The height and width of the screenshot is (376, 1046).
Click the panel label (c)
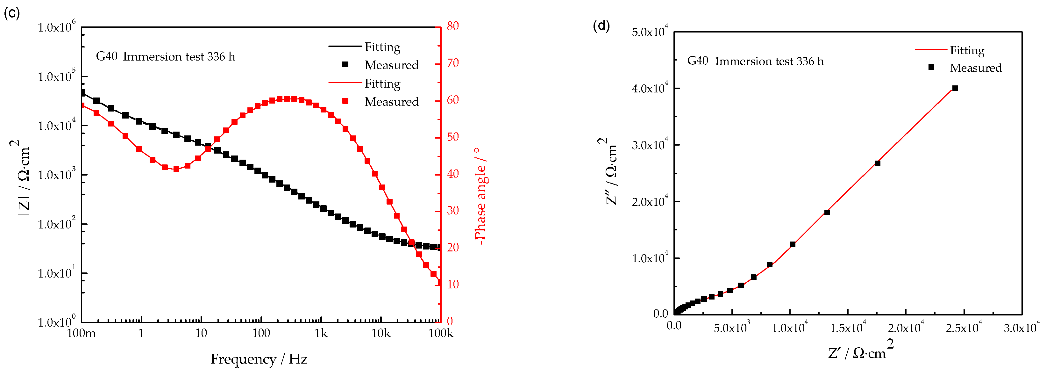(x=11, y=13)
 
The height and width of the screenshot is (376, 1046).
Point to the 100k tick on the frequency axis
(x=441, y=333)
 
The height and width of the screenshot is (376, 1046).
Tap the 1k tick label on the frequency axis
(x=321, y=333)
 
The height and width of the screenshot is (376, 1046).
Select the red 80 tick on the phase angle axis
(x=453, y=26)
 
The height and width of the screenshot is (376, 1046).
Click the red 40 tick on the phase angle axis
(x=453, y=174)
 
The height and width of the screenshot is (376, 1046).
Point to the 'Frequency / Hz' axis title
(x=259, y=359)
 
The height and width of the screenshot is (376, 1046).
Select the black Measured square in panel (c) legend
(x=345, y=65)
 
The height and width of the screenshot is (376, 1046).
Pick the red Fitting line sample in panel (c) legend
(x=345, y=83)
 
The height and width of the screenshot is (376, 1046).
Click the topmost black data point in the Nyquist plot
(x=955, y=88)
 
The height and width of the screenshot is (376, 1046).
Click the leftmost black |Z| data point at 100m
(x=82, y=93)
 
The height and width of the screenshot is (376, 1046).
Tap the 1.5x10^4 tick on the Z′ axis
(x=847, y=327)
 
